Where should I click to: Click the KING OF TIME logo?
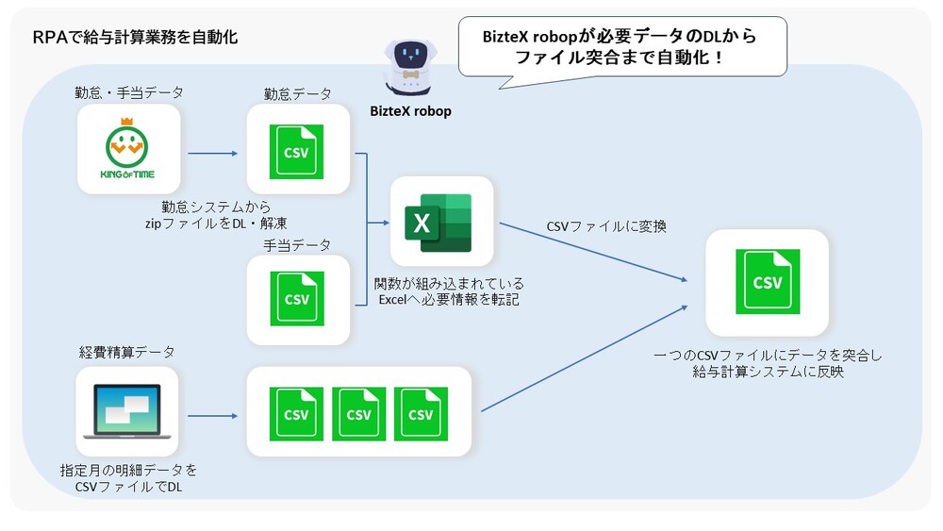click(x=128, y=149)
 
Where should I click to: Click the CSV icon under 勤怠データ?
click(x=296, y=151)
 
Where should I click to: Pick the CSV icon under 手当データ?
click(x=296, y=299)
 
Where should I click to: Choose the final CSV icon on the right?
click(x=767, y=282)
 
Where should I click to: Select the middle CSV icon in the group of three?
click(x=358, y=413)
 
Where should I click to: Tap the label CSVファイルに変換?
click(x=606, y=226)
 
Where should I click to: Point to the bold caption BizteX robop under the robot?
click(x=410, y=111)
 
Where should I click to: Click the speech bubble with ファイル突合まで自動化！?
click(x=622, y=46)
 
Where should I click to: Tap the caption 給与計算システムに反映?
click(x=767, y=373)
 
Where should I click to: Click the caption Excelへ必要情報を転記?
click(x=441, y=300)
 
